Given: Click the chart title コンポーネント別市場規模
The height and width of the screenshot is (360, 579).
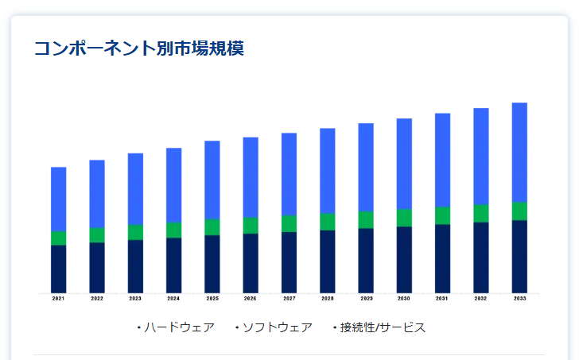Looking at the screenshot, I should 138,48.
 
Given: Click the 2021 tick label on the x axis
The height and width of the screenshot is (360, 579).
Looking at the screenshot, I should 58,299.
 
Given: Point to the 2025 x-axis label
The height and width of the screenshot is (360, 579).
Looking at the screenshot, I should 212,299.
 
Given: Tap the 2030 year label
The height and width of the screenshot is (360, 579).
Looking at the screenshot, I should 404,299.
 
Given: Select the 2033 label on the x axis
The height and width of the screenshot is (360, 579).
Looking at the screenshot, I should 519,299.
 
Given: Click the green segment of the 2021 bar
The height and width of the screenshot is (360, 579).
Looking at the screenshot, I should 58,238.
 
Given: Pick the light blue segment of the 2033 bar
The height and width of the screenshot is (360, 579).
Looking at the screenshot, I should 519,152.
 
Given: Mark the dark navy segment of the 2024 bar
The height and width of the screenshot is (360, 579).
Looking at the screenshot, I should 173,265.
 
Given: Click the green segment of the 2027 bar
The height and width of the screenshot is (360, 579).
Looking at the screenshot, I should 289,223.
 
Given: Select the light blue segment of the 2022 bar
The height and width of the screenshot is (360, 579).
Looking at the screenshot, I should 97,194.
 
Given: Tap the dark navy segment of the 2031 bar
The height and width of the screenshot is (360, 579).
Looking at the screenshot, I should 442,258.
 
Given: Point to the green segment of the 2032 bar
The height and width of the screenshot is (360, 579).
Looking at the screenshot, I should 481,213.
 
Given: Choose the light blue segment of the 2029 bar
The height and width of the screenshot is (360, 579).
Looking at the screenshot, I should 366,167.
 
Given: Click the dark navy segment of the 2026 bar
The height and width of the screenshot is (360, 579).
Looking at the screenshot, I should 251,262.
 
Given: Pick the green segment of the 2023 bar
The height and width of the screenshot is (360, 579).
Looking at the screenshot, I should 135,232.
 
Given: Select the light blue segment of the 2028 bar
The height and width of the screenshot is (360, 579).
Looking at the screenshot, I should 328,170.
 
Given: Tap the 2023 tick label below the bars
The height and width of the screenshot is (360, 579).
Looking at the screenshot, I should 135,299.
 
